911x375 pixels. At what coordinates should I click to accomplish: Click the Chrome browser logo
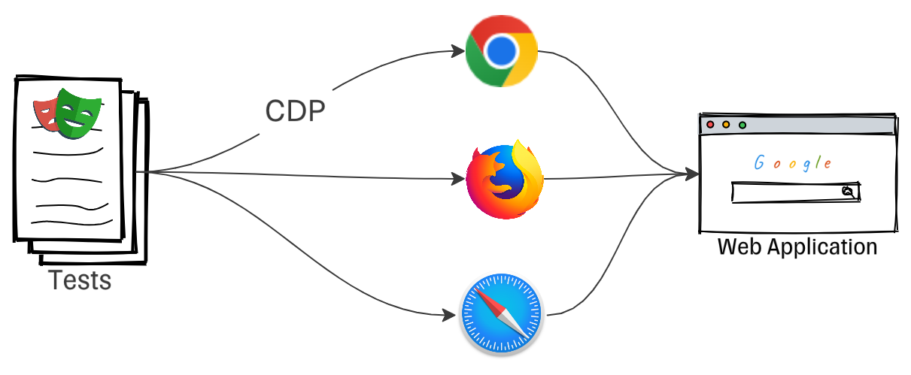pyautogui.click(x=501, y=50)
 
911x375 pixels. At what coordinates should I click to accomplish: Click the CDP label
pyautogui.click(x=296, y=113)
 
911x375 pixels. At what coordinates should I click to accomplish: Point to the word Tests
pyautogui.click(x=80, y=281)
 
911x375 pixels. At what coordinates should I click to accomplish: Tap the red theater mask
pyautogui.click(x=45, y=111)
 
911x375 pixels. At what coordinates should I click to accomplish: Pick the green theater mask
pyautogui.click(x=77, y=112)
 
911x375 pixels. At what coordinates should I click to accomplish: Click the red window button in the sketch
pyautogui.click(x=709, y=124)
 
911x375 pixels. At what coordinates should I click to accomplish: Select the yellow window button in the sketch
pyautogui.click(x=726, y=124)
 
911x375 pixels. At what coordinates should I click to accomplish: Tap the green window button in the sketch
pyautogui.click(x=742, y=124)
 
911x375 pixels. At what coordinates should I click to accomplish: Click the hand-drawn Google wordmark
pyautogui.click(x=792, y=163)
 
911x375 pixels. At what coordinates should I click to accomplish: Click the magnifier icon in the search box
pyautogui.click(x=848, y=192)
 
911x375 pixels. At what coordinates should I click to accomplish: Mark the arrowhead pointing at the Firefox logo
pyautogui.click(x=459, y=180)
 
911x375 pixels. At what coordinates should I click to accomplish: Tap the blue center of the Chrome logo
pyautogui.click(x=501, y=50)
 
